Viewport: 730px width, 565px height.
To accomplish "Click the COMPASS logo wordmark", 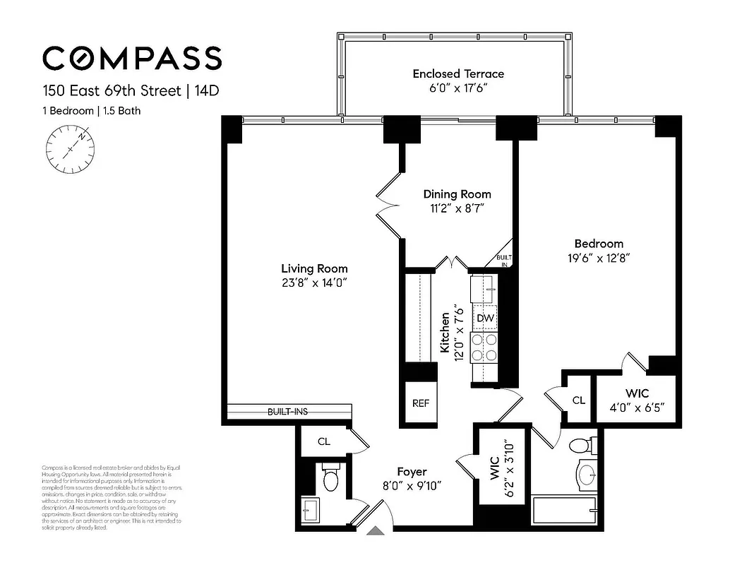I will (x=132, y=57).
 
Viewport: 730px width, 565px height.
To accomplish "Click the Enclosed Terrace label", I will (x=458, y=73).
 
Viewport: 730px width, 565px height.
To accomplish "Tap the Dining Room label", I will (x=457, y=194).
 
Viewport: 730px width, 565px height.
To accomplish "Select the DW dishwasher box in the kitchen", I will (x=484, y=319).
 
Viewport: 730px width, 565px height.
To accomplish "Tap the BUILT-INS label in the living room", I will (x=287, y=412).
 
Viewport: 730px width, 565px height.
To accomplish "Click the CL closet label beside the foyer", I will (x=323, y=442).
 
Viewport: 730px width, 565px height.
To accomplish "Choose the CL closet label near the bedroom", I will (x=578, y=400).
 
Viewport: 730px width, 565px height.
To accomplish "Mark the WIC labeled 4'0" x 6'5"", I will (x=638, y=400).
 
